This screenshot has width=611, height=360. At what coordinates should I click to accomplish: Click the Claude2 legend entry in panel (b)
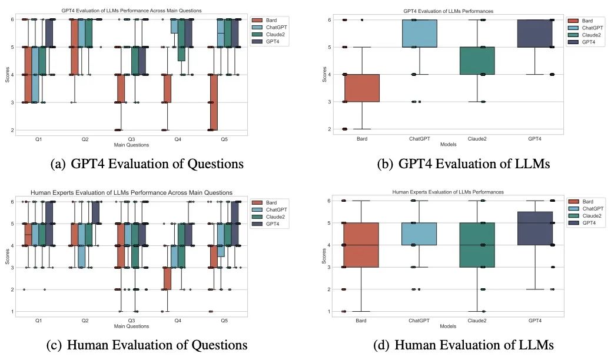(x=590, y=36)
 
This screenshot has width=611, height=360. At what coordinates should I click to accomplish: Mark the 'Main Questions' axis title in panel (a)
(x=131, y=144)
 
